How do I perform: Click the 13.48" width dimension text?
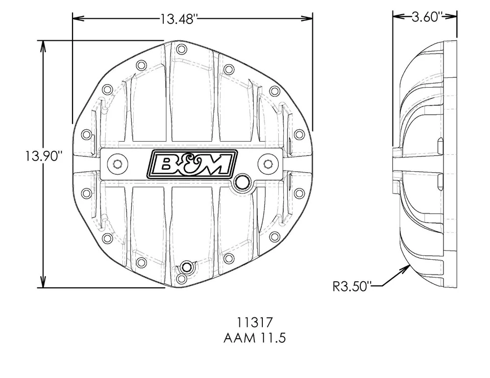[x=179, y=19]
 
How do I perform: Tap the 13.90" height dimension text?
[x=42, y=155]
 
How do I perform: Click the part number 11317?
[x=255, y=322]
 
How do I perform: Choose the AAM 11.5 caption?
[x=255, y=338]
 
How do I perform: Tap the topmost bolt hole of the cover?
[x=180, y=49]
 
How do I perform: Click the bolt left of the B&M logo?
[x=117, y=164]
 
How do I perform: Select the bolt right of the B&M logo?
[x=267, y=164]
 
